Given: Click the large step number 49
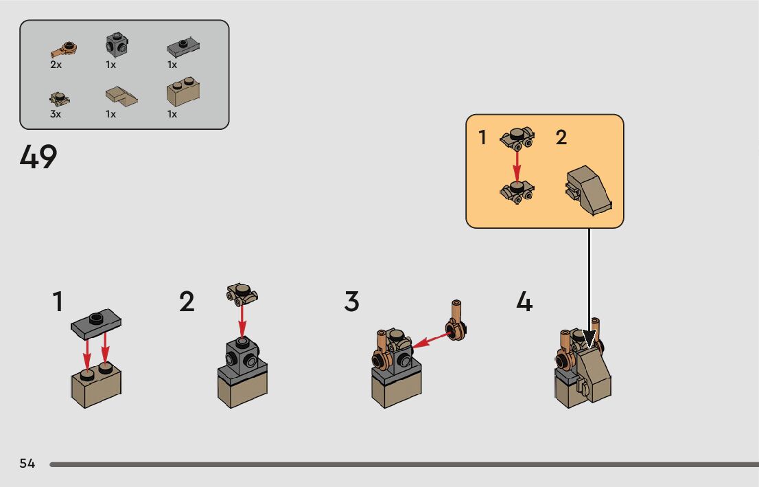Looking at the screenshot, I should [x=38, y=158].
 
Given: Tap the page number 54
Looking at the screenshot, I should [x=27, y=464].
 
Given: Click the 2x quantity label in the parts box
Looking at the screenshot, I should [x=56, y=65].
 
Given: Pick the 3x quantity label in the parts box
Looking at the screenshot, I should [x=56, y=114].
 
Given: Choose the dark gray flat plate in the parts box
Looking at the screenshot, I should [x=183, y=48].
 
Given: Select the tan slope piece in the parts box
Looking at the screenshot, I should [x=121, y=95].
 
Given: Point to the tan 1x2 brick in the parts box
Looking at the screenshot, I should [x=183, y=93].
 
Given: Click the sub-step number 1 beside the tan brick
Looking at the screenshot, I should [x=58, y=302].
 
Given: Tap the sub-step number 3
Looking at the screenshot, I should [x=351, y=302].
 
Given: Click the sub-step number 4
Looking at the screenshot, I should [x=524, y=302].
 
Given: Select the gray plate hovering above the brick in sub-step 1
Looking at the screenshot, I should [x=97, y=321].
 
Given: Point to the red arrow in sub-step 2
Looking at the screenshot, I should [x=242, y=321].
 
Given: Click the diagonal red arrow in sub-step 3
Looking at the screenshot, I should [x=429, y=339].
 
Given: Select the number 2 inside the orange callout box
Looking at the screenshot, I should [x=561, y=137].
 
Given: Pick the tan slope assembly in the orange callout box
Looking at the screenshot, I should [x=588, y=190].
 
